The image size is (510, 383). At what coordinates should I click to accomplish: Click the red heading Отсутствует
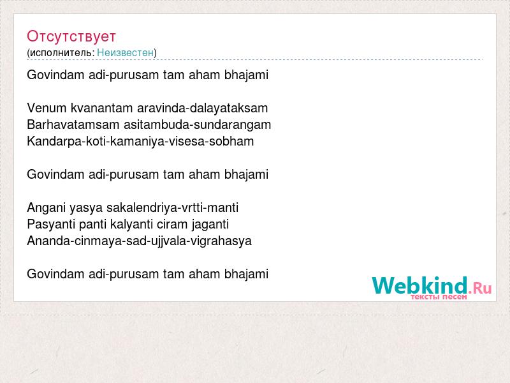coord(71,36)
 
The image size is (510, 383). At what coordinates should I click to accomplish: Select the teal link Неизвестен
coord(125,53)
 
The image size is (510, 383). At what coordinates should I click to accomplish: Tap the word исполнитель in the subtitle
coord(62,53)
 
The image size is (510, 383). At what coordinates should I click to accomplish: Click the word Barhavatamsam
coord(73,124)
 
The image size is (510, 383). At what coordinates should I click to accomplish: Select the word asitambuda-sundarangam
coord(197,125)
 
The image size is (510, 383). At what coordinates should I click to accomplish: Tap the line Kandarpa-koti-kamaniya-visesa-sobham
coord(140,142)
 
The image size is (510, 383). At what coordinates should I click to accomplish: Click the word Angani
coord(46,208)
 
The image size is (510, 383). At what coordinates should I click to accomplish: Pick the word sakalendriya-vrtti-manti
coord(172,208)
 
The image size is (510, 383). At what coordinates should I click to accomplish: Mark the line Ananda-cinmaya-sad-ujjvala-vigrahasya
coord(139,241)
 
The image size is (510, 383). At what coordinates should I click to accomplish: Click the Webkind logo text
coord(419,285)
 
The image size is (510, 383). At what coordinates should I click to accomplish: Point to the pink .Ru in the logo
coord(481,288)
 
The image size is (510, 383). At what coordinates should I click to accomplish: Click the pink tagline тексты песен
coord(439,297)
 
